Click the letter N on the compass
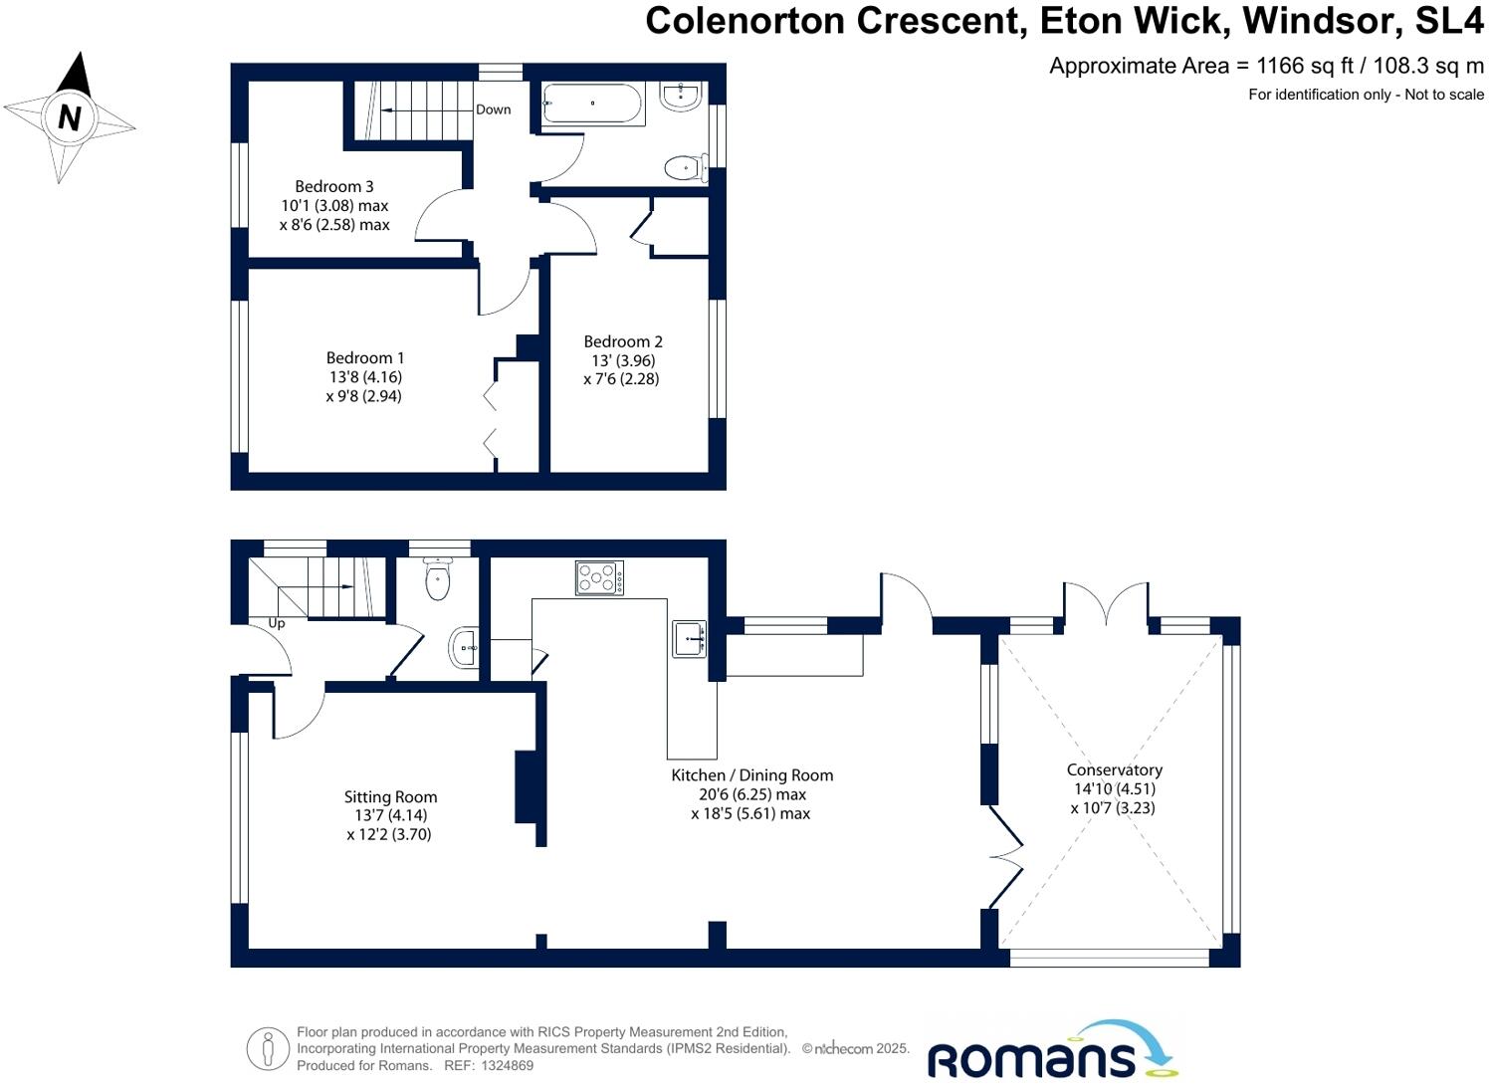pos(69,118)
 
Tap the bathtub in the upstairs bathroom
pos(593,104)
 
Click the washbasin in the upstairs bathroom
pos(683,97)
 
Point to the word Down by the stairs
pos(493,109)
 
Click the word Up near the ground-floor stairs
pos(277,623)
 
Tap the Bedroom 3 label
pos(334,186)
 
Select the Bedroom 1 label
pos(365,357)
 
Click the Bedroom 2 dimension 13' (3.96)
pos(622,360)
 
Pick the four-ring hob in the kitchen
pos(599,577)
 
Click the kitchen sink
pos(690,639)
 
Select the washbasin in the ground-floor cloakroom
pos(464,647)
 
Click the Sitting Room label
pos(390,796)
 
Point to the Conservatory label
pos(1114,769)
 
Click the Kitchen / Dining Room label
pos(751,774)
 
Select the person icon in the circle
pos(268,1048)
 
